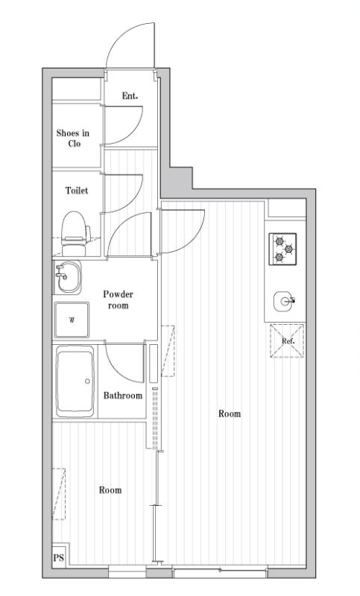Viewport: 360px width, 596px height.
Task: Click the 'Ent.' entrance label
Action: [x=130, y=95]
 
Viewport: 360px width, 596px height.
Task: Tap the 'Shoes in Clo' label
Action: [x=73, y=138]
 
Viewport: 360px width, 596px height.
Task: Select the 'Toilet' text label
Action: [x=76, y=191]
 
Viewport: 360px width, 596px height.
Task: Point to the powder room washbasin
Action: [x=66, y=279]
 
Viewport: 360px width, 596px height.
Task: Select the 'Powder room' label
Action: [x=118, y=299]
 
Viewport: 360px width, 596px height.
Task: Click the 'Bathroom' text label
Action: [x=122, y=396]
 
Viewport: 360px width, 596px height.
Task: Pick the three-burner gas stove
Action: [x=283, y=249]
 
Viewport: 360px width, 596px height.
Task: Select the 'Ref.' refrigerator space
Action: [x=287, y=341]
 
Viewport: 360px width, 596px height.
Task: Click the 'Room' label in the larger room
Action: [x=230, y=413]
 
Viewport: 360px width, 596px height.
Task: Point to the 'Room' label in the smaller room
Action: [x=110, y=490]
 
